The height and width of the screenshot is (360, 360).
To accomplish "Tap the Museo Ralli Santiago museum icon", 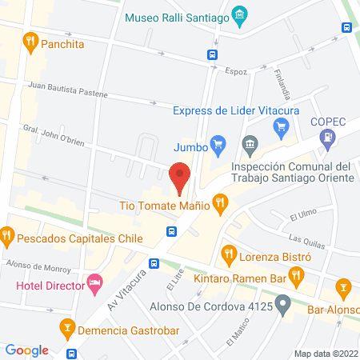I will point(238,15).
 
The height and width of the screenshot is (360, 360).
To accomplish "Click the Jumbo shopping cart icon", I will point(217,144).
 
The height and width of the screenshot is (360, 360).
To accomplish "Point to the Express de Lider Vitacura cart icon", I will point(280,126).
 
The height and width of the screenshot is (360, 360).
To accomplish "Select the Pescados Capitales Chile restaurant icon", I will point(7,235).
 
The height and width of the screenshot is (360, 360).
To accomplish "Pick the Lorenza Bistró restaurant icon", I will point(229,254).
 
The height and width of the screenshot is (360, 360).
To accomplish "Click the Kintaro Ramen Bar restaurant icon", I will point(296,276).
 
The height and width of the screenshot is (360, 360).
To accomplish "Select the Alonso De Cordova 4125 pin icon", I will point(282,304).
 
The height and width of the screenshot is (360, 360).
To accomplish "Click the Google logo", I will point(26,350).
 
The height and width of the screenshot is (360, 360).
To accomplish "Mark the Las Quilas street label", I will point(304,239).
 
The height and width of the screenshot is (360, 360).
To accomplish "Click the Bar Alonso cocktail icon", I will point(343,286).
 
